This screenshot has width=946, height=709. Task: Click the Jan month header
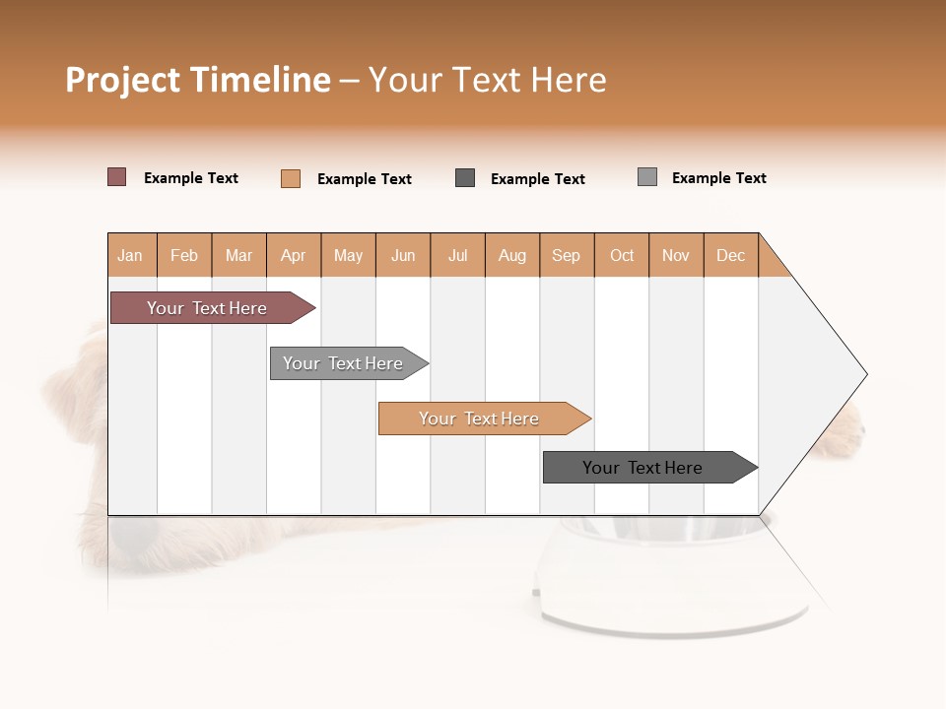point(131,255)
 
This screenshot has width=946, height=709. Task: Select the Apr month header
point(294,255)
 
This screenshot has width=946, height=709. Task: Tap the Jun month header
point(403,255)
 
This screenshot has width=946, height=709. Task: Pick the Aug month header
point(512,255)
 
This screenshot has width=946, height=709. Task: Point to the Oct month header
point(622,255)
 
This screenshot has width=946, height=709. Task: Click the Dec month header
point(730,255)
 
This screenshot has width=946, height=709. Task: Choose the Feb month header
point(184,255)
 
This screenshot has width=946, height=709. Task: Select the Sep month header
point(567,255)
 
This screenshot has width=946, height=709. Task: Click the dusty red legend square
point(117,177)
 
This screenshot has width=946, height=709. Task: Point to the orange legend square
point(291,178)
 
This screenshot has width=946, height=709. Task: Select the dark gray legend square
point(465,178)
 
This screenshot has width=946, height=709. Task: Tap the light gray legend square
point(647,177)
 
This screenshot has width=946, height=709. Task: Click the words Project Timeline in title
point(198,80)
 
